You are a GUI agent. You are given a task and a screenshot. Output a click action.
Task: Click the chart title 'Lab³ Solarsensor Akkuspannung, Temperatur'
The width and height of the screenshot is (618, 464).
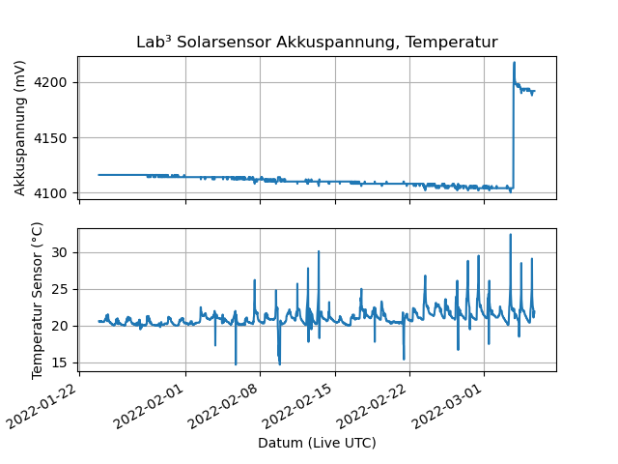317,43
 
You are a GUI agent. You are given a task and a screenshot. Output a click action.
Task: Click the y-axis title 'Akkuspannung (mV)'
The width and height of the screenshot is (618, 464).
20,128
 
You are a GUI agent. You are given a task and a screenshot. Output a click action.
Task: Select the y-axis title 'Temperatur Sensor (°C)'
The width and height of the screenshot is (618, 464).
38,300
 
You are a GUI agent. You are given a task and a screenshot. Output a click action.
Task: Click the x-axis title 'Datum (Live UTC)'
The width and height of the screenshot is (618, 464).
317,443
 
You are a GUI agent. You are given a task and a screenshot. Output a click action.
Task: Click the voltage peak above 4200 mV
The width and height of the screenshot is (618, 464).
514,63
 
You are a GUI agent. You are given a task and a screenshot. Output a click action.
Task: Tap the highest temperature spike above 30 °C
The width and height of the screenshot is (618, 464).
511,234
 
